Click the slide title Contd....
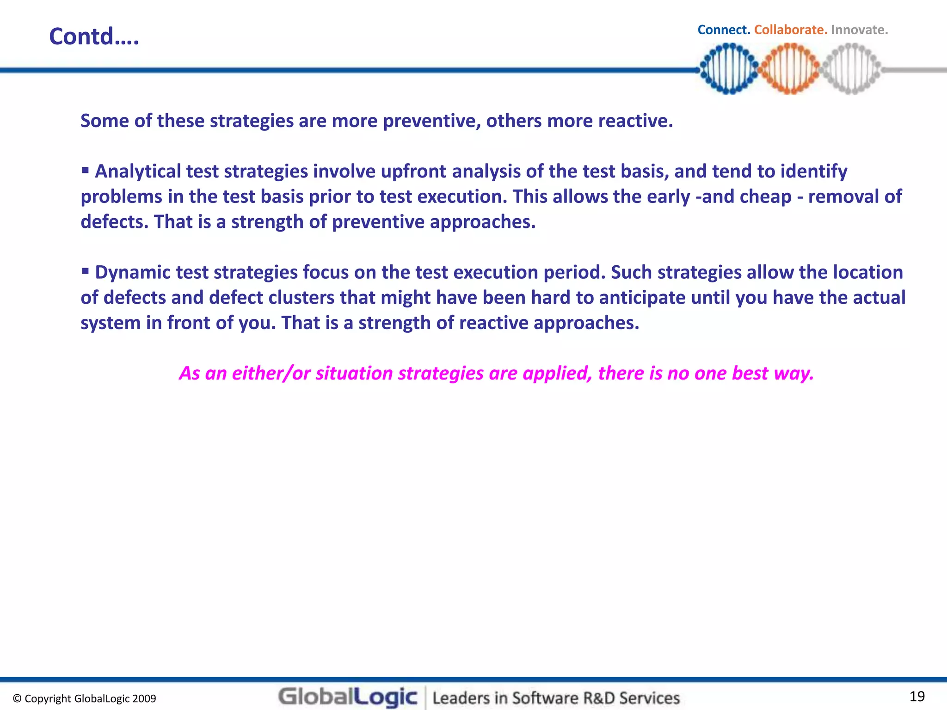pyautogui.click(x=94, y=37)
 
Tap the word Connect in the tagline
pyautogui.click(x=723, y=30)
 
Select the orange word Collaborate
pyautogui.click(x=790, y=30)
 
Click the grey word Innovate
pyautogui.click(x=859, y=30)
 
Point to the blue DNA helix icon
pyautogui.click(x=729, y=69)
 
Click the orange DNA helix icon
pyautogui.click(x=790, y=69)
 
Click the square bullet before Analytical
pyautogui.click(x=85, y=171)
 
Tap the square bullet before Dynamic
pyautogui.click(x=85, y=271)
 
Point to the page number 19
pyautogui.click(x=917, y=696)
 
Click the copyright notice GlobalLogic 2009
pyautogui.click(x=85, y=698)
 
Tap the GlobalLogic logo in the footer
pyautogui.click(x=348, y=697)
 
